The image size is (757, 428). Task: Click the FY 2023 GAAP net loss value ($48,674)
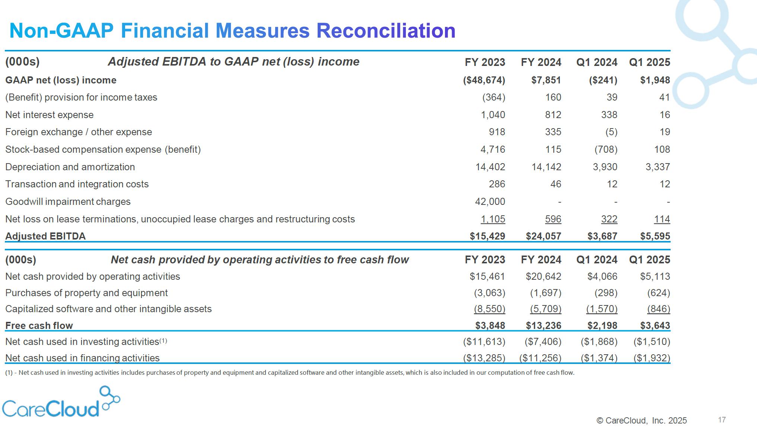tap(484, 80)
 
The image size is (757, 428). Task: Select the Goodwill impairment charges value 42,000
tap(490, 202)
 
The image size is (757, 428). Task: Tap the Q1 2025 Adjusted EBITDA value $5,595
tap(655, 236)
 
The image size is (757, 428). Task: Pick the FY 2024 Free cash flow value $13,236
tap(543, 326)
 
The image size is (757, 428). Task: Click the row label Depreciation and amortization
tap(70, 167)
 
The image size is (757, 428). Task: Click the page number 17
tap(722, 420)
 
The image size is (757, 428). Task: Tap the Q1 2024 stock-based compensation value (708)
tap(606, 149)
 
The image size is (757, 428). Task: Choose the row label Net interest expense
tap(50, 115)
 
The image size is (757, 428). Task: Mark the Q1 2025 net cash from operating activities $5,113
tap(655, 276)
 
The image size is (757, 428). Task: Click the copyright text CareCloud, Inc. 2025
tap(642, 421)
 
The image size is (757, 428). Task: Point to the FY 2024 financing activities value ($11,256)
tap(540, 358)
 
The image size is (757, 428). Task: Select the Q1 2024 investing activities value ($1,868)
tap(599, 342)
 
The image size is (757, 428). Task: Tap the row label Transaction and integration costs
tap(77, 184)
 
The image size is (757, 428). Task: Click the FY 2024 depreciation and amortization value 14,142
tap(546, 167)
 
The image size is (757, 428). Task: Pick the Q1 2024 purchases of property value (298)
tap(606, 293)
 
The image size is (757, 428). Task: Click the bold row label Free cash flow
tap(39, 326)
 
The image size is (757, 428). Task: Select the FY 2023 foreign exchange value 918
tap(497, 132)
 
